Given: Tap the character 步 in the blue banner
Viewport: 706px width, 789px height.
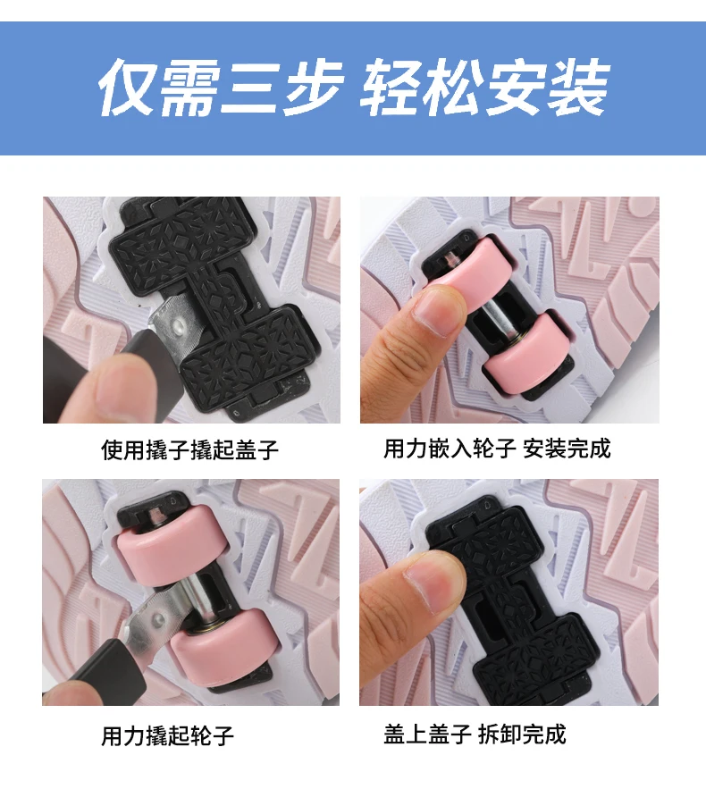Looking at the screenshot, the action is click(x=313, y=88).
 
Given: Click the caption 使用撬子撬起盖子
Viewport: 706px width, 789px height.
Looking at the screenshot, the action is click(x=189, y=449).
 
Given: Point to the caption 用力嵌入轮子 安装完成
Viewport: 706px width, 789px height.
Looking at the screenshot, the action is click(x=497, y=449).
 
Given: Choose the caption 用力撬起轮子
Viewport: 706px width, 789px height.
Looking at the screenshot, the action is click(x=168, y=735).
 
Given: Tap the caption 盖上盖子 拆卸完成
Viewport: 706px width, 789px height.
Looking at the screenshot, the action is click(x=475, y=734).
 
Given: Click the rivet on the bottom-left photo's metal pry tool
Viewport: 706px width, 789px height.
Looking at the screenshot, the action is click(x=158, y=619).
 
